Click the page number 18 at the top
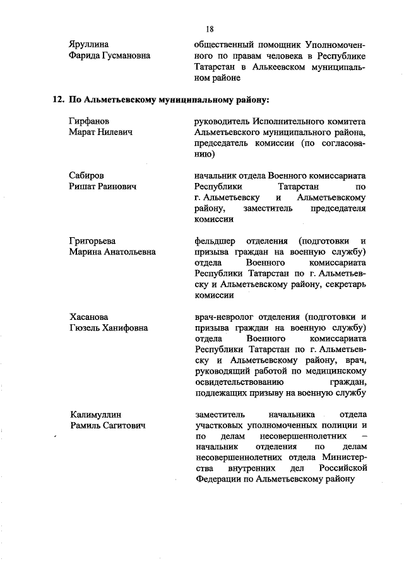[x=210, y=29]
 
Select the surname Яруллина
[x=88, y=44]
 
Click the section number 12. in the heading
[x=58, y=99]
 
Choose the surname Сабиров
[x=87, y=175]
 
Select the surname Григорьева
[x=93, y=241]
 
